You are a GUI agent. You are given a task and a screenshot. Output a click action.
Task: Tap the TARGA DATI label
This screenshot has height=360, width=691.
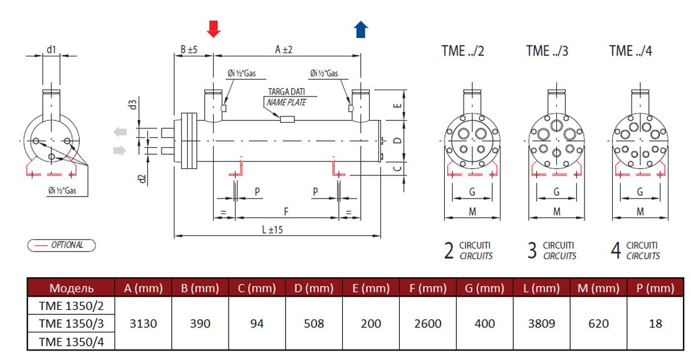[286, 92]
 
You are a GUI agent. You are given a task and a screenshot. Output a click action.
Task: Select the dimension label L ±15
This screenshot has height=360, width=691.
[273, 230]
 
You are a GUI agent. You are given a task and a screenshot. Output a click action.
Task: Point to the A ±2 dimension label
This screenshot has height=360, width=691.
[285, 49]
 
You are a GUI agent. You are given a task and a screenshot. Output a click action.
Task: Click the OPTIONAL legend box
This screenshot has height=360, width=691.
[61, 245]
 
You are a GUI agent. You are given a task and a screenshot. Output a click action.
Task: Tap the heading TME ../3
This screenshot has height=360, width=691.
[547, 51]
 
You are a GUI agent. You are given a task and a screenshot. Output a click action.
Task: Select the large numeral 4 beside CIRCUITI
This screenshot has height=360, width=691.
[616, 252]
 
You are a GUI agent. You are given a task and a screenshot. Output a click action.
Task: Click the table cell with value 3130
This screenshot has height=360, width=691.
[142, 324]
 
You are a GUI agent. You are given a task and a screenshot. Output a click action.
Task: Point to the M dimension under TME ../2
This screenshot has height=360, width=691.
[472, 212]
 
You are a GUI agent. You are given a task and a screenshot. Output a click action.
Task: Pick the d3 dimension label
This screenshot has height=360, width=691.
[133, 104]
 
